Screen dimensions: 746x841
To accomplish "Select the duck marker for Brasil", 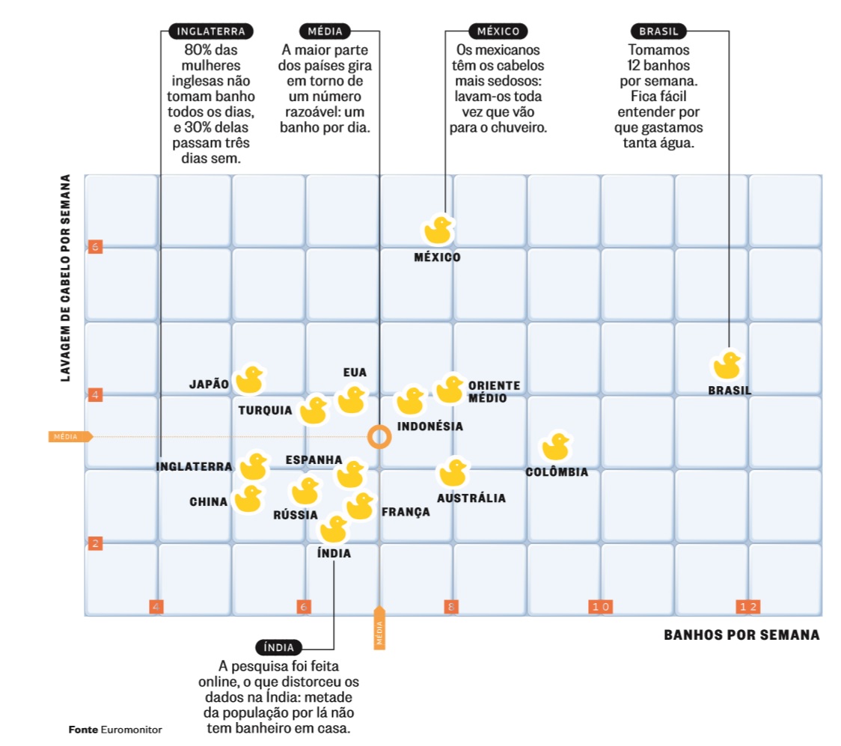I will (727, 366).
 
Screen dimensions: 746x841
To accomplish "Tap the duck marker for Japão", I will (249, 381).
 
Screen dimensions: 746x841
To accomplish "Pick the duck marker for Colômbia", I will (556, 447).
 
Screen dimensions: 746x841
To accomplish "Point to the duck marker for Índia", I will (334, 530).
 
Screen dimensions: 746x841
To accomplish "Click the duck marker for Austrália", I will (452, 473).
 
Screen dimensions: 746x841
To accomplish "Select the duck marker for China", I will (248, 499).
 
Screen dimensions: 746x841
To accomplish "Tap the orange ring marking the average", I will (379, 436).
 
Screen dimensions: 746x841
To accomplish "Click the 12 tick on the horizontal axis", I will (747, 606).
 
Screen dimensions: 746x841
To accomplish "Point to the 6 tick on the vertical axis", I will (95, 246).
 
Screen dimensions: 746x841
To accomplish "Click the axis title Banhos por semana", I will (741, 635).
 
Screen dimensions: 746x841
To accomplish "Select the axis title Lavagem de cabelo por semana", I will (66, 278).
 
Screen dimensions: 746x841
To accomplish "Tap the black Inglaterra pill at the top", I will (211, 31).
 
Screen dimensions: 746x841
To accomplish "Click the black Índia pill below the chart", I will (279, 647).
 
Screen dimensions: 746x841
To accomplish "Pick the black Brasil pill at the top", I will (658, 31).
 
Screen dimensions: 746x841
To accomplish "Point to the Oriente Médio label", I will (493, 391).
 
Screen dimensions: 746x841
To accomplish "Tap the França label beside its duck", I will (406, 513).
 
